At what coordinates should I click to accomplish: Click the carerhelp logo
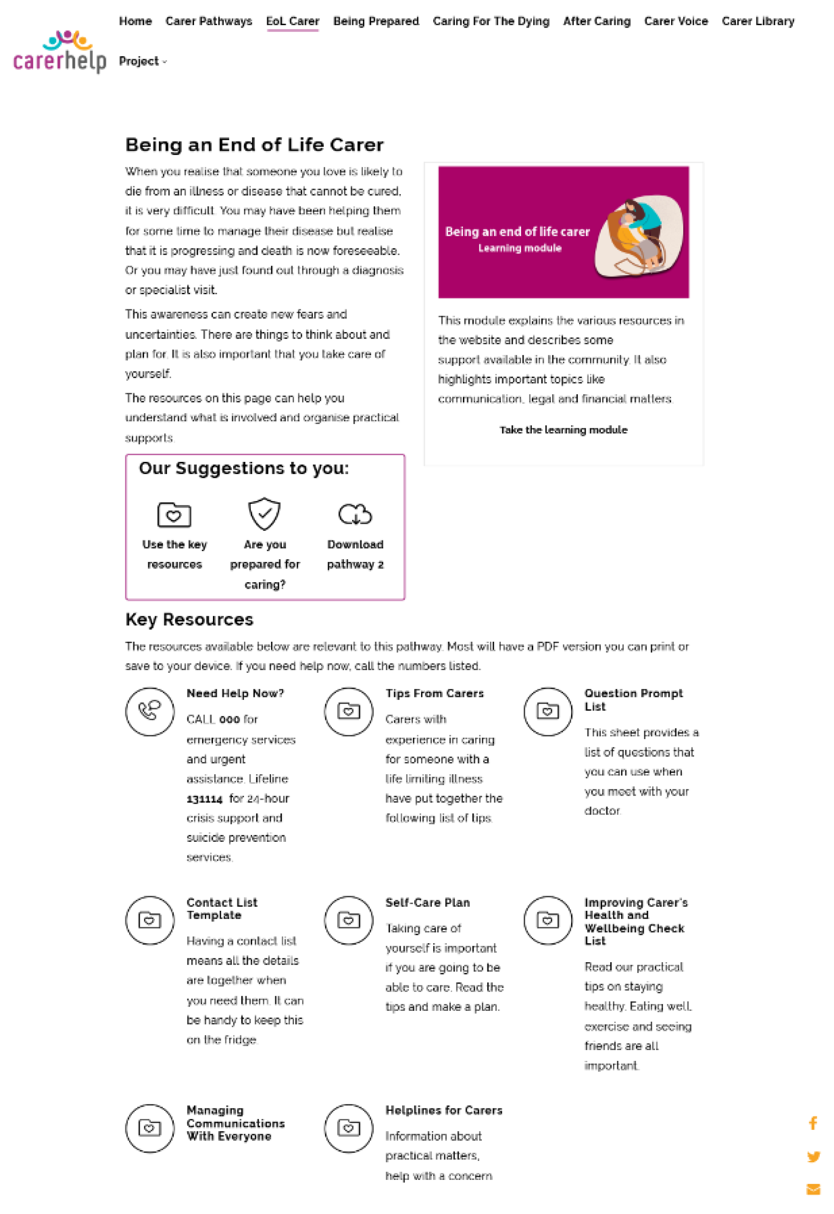click(x=59, y=52)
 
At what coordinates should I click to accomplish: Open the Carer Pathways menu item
click(x=209, y=22)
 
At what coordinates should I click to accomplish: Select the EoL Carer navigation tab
click(x=293, y=22)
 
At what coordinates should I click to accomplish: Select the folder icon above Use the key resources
click(x=174, y=515)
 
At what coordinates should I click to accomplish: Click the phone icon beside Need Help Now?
click(x=150, y=711)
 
